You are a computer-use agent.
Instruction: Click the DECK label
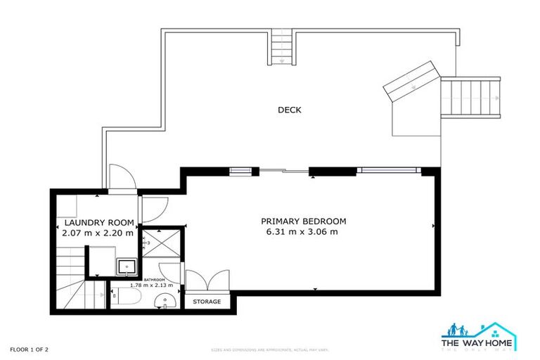pyautogui.click(x=290, y=110)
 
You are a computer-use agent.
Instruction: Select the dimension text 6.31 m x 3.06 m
pyautogui.click(x=303, y=232)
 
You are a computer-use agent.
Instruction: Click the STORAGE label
pyautogui.click(x=207, y=302)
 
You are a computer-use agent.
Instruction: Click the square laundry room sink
pyautogui.click(x=126, y=266)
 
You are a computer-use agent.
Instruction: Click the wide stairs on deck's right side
pyautogui.click(x=470, y=98)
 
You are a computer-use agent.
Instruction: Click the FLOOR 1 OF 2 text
pyautogui.click(x=29, y=349)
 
